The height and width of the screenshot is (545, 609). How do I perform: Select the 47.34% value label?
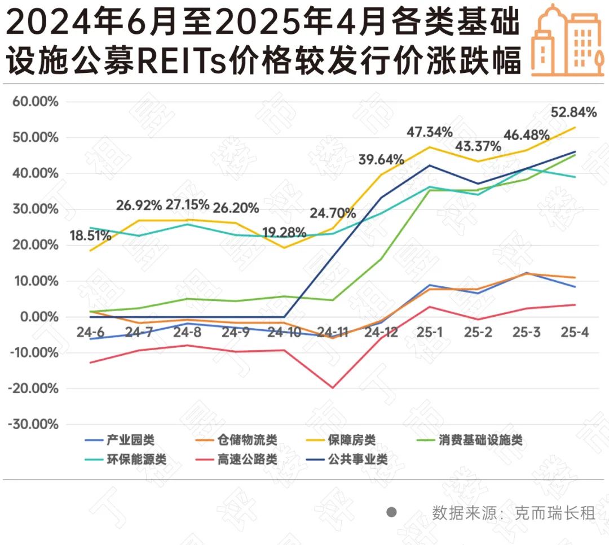[x=430, y=132]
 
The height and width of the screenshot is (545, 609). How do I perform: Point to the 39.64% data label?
[x=381, y=160]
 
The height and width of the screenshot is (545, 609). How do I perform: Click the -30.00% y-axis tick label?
[x=33, y=425]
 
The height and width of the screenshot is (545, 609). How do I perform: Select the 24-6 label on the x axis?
[x=91, y=332]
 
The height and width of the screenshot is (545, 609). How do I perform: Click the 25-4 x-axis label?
[x=575, y=332]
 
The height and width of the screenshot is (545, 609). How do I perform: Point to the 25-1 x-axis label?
[x=430, y=332]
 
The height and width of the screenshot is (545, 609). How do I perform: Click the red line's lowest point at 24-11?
[x=333, y=388]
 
